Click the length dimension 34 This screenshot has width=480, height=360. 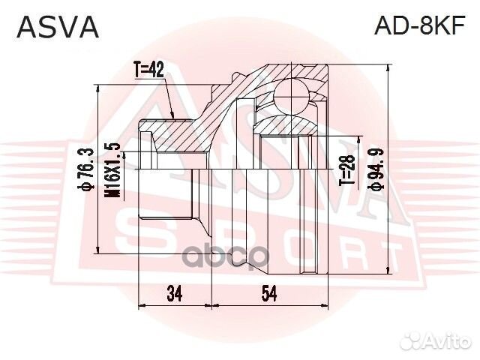[174, 293]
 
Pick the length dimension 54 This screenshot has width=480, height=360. [268, 293]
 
